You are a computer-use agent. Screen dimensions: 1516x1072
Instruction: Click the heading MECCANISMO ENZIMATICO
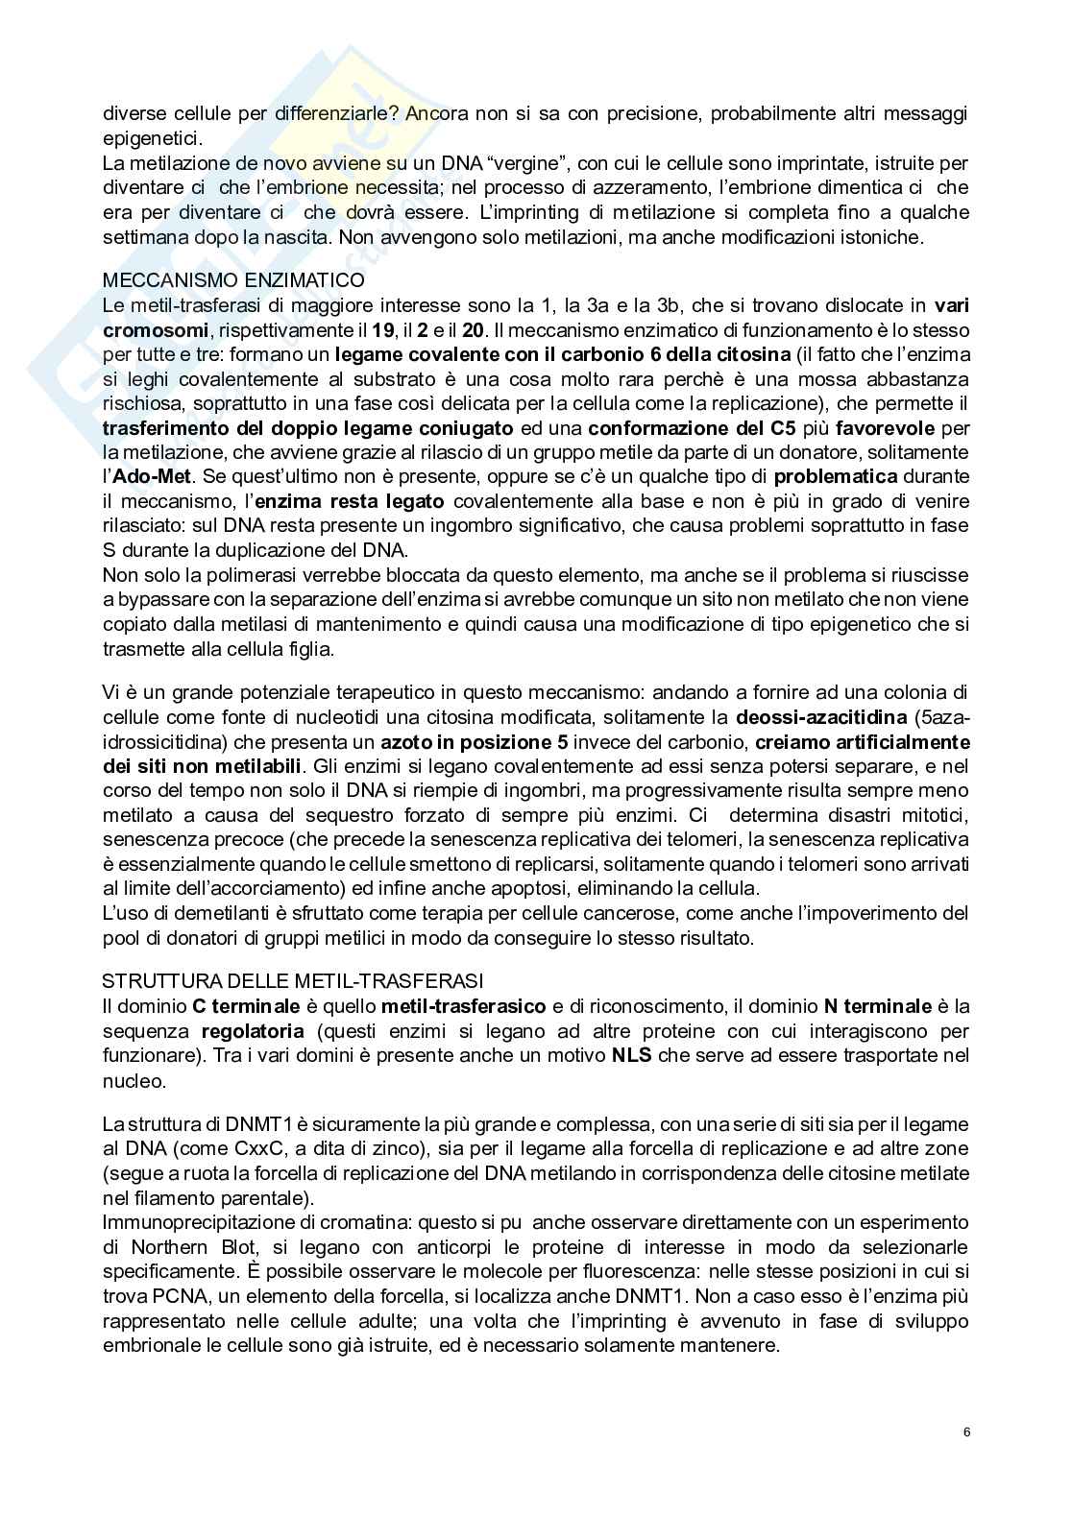[233, 280]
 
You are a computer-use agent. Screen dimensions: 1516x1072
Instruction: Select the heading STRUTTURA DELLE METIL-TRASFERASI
[293, 980]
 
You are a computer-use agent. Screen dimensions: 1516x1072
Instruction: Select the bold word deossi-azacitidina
[821, 717]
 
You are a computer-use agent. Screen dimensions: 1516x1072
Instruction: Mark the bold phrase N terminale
[877, 1006]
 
